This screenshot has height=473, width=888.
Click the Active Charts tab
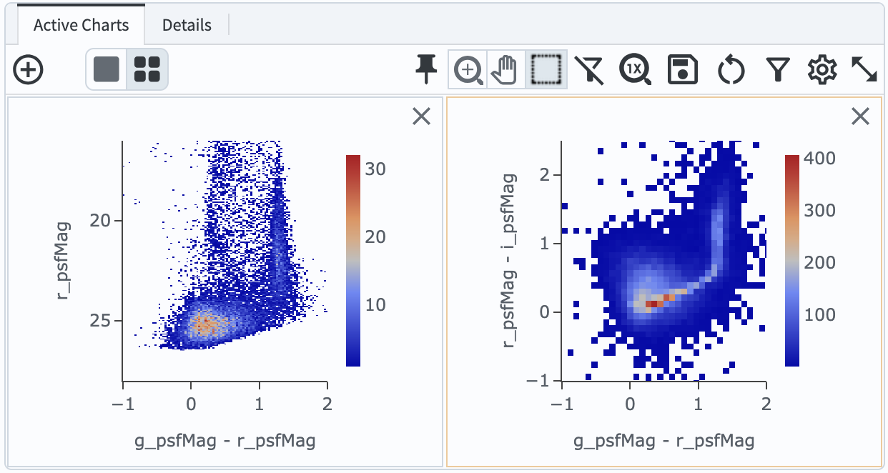coord(81,26)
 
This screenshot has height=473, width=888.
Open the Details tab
coord(187,26)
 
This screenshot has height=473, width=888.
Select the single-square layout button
coord(107,69)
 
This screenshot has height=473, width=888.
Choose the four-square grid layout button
coord(147,69)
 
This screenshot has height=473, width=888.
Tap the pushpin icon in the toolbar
coord(427,69)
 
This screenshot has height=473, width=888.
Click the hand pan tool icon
coord(507,69)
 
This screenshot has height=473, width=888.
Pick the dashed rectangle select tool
coord(547,69)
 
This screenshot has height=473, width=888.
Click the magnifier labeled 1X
coord(635,69)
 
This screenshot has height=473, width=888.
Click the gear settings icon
coord(822,69)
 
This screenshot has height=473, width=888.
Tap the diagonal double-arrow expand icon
coord(864,69)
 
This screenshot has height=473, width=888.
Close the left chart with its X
coord(422,116)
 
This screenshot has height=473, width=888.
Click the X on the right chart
coord(860,116)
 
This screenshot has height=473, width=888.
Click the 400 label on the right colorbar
coord(819,158)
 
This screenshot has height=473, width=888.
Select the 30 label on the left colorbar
coord(376,169)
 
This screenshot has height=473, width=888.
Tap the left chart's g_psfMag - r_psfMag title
coord(225,439)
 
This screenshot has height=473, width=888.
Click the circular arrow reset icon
coord(731,69)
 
